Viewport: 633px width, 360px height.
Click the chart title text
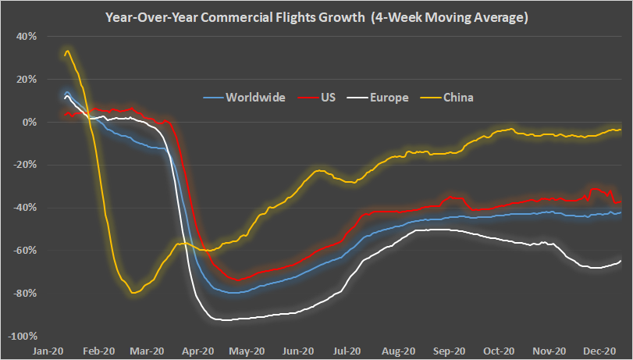coord(317,16)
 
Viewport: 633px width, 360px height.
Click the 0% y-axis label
coord(29,122)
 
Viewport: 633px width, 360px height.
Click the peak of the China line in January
coord(67,52)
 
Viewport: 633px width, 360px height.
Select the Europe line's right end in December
coord(621,261)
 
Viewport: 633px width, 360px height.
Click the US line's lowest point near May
coord(237,280)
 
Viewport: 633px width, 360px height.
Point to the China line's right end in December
coord(621,130)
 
